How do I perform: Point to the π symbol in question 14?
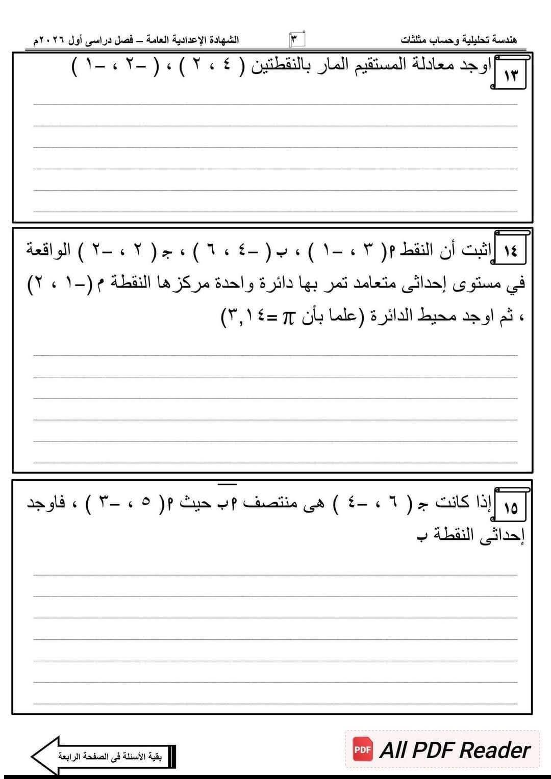(x=287, y=319)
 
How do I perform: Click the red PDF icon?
(x=363, y=750)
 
